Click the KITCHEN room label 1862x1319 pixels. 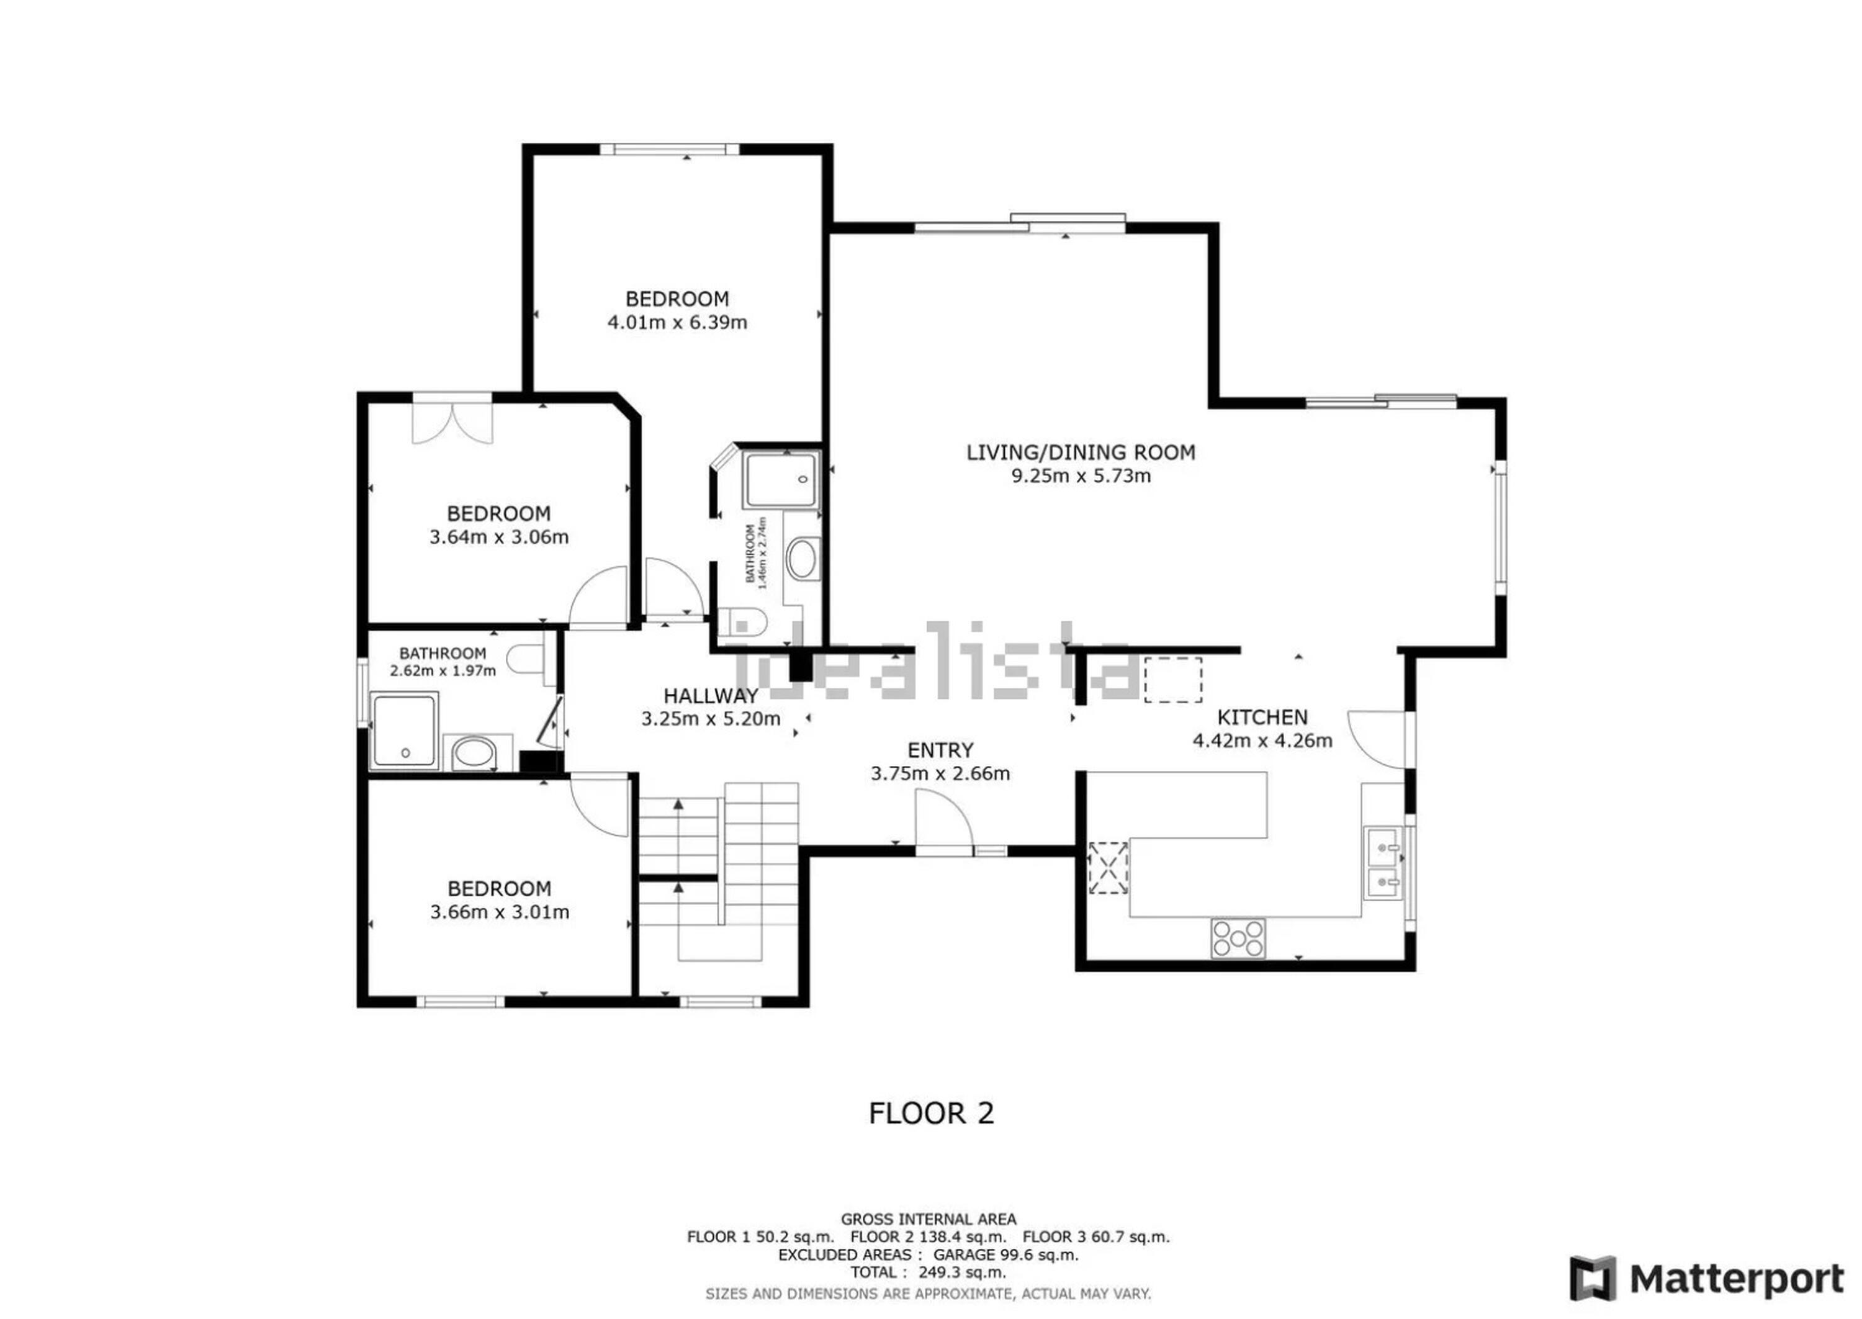(x=1262, y=717)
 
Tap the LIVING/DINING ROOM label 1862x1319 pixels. (x=1081, y=452)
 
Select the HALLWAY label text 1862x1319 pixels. (x=711, y=696)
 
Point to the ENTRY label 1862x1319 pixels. (x=940, y=750)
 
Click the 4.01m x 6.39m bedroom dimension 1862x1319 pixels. (x=677, y=322)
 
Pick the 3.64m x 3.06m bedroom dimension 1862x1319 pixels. (x=498, y=537)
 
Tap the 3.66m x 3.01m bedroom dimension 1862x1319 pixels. (x=500, y=912)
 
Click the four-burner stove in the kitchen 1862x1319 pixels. (x=1238, y=939)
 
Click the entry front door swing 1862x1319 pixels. (x=943, y=822)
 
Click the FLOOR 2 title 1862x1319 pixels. (x=932, y=1114)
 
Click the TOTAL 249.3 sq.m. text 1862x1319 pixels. (x=928, y=1272)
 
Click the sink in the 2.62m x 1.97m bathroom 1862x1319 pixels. (x=470, y=752)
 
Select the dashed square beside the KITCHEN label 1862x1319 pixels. (x=1172, y=679)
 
